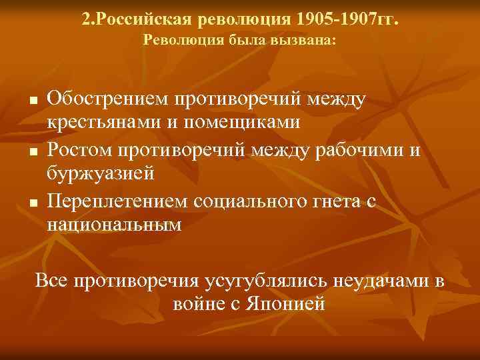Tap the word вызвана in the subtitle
(308, 41)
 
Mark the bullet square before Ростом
(32, 151)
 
